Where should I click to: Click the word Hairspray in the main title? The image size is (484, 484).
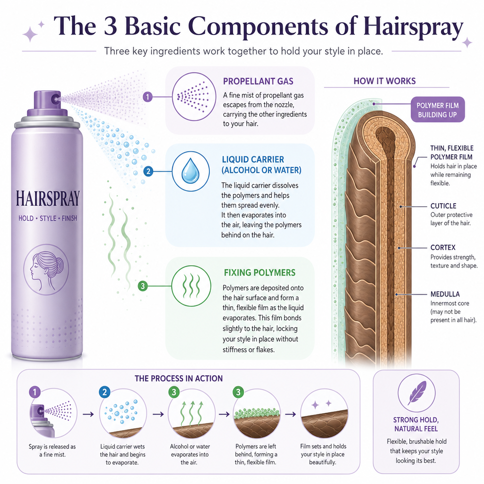pos(413,26)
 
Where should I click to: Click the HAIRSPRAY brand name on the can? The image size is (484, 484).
pos(48,199)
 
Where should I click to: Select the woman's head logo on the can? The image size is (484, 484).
pos(46,269)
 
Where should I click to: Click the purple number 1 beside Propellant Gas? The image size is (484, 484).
pos(147,97)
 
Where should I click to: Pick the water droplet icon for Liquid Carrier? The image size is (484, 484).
pos(190,171)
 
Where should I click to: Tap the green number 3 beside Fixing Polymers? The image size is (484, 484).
pos(143,286)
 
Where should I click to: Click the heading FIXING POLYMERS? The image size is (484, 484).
pos(259,273)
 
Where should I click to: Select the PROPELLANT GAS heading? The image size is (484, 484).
pos(258,81)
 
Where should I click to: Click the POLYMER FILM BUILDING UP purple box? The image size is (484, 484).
pos(437,110)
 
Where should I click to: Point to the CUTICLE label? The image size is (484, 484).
pos(443,206)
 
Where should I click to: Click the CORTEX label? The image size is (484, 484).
pos(443,248)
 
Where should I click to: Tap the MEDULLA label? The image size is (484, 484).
pos(445,294)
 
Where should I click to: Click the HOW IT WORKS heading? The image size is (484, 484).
pos(385,81)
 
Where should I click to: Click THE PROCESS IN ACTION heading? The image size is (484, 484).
pos(178,379)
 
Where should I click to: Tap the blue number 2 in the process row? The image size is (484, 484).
pos(104,392)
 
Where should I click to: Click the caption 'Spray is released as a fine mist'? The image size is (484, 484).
pos(52,450)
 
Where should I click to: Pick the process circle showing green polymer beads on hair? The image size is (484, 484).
pos(257,413)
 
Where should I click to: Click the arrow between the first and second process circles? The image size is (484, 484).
pos(88,414)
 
